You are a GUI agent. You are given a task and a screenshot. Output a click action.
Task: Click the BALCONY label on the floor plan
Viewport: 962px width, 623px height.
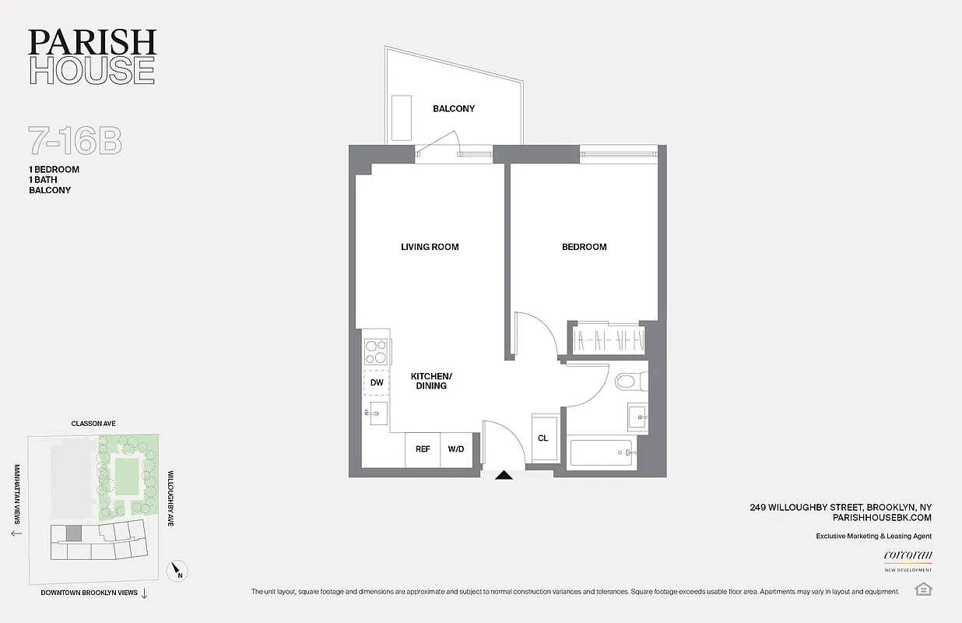click(x=454, y=108)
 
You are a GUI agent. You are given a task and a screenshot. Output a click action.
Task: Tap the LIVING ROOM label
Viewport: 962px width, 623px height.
click(x=430, y=247)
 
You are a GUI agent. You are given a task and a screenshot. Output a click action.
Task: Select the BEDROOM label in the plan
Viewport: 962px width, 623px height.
click(x=584, y=247)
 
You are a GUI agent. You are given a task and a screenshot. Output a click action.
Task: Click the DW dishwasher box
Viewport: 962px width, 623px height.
click(x=377, y=382)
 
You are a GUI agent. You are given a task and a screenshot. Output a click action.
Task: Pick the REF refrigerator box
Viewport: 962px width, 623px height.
click(x=423, y=449)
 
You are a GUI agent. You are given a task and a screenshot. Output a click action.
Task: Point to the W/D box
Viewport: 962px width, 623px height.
click(x=455, y=449)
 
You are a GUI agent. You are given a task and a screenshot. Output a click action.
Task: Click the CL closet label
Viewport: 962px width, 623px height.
click(x=542, y=438)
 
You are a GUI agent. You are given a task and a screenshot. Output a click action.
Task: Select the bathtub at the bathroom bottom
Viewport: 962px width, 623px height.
click(x=601, y=452)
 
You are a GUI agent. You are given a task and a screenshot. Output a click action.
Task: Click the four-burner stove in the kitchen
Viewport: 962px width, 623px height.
click(x=377, y=353)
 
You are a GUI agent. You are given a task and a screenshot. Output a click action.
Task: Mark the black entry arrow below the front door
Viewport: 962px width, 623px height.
click(x=504, y=474)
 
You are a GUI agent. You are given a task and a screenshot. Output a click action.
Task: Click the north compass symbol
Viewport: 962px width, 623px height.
click(x=178, y=572)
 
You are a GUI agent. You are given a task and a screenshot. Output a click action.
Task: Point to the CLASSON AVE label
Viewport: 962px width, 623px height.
click(x=93, y=424)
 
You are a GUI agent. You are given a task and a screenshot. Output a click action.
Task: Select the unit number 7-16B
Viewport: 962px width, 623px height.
click(x=75, y=141)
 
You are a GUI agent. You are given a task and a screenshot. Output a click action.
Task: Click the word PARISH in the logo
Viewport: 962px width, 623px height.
click(x=92, y=43)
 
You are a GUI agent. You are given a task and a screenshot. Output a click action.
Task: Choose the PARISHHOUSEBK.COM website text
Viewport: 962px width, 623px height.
click(x=882, y=517)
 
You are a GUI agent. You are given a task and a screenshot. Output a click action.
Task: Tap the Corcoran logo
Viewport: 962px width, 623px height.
click(x=908, y=556)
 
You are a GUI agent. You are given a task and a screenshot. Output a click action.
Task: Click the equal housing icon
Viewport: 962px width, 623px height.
click(x=924, y=588)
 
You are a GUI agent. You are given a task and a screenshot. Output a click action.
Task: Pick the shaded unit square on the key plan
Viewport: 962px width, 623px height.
click(x=72, y=533)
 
